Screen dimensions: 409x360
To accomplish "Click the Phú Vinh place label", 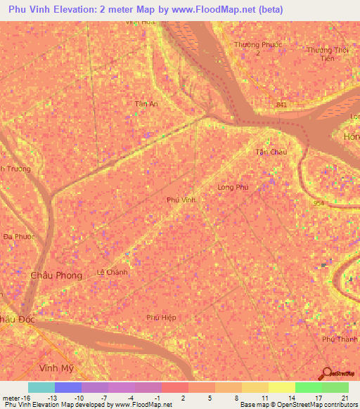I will pyautogui.click(x=181, y=200).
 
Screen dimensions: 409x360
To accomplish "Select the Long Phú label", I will pyautogui.click(x=233, y=188).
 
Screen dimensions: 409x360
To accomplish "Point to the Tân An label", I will pyautogui.click(x=146, y=104).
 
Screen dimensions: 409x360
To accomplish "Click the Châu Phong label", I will pyautogui.click(x=56, y=275).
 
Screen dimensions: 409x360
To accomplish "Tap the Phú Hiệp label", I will pyautogui.click(x=161, y=318).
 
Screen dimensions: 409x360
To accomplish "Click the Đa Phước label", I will pyautogui.click(x=18, y=237).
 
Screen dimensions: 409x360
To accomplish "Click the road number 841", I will pyautogui.click(x=282, y=105).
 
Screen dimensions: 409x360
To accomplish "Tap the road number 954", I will pyautogui.click(x=319, y=203).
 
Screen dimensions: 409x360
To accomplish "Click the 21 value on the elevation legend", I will pyautogui.click(x=343, y=397).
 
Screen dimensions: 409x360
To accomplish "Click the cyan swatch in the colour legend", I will pyautogui.click(x=41, y=387).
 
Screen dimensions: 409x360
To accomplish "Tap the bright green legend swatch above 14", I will pyautogui.click(x=308, y=387).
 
